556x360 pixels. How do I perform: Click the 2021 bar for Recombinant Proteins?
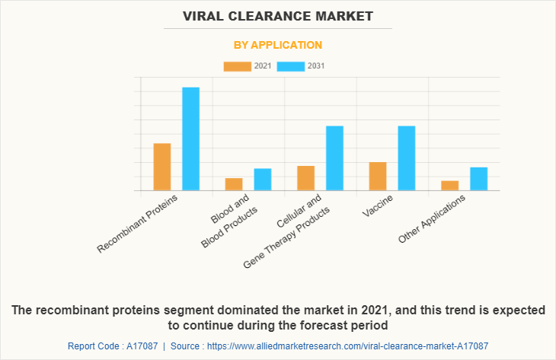point(162,167)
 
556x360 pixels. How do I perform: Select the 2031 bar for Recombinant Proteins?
point(190,139)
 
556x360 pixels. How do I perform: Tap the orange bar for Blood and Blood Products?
point(234,184)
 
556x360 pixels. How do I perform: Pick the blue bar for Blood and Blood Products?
point(263,180)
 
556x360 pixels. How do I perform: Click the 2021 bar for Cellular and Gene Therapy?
point(306,178)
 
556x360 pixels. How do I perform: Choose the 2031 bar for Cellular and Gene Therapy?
point(334,158)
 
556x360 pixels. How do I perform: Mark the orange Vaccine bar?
point(378,177)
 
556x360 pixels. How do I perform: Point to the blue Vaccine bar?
point(407,158)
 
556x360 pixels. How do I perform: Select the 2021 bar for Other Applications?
point(449,186)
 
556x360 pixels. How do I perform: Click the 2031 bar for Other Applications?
point(478,179)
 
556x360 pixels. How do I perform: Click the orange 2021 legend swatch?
point(237,66)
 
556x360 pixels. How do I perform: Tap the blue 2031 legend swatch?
point(291,66)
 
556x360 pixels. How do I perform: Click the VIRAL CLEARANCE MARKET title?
point(277,15)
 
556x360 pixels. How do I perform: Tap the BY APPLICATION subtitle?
point(277,45)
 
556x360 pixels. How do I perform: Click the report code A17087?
point(141,346)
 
